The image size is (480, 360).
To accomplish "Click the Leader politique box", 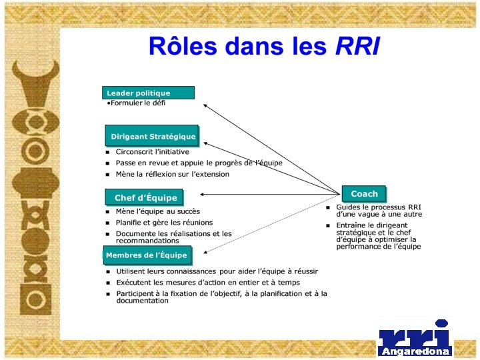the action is click(x=148, y=93).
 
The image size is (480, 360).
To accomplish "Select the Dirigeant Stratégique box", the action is click(x=153, y=136).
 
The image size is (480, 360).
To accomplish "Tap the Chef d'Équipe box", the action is click(x=145, y=197).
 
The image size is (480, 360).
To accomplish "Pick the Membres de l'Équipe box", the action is click(x=147, y=255).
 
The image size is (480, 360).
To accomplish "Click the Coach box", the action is click(x=364, y=194).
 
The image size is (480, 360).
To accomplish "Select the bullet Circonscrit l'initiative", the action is click(x=152, y=152).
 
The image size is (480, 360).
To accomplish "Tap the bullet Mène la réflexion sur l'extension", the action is click(x=172, y=174).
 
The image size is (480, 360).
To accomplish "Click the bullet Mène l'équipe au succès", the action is click(x=157, y=211).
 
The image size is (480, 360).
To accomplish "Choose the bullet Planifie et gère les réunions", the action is click(x=164, y=223).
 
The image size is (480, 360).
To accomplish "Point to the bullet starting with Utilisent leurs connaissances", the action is click(x=217, y=271).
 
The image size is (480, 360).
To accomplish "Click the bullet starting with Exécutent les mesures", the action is click(x=208, y=283).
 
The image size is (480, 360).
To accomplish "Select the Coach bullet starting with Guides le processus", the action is click(x=379, y=211).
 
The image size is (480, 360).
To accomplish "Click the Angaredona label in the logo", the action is click(x=415, y=351).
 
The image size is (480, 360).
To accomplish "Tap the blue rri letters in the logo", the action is click(x=415, y=336).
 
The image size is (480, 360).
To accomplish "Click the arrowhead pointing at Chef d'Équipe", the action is click(x=202, y=195).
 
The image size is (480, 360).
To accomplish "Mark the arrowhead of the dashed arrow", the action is click(x=206, y=252).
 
